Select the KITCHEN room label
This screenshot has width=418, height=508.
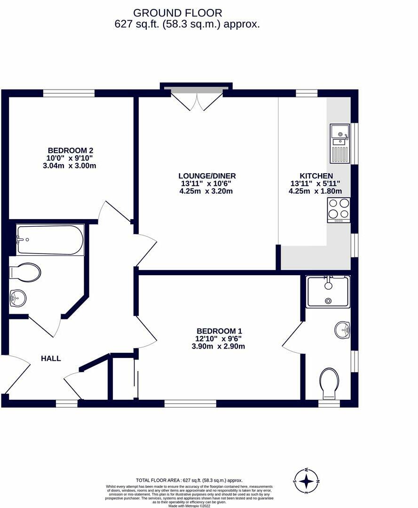click(x=315, y=175)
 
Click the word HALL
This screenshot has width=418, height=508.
click(x=51, y=358)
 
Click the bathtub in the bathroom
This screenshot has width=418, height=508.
click(x=50, y=240)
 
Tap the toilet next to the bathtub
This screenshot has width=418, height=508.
click(x=25, y=272)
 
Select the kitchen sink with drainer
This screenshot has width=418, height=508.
click(x=340, y=143)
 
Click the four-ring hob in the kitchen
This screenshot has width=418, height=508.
click(x=339, y=209)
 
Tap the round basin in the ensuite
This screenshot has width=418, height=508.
click(x=343, y=330)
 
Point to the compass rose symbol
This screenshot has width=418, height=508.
click(x=306, y=481)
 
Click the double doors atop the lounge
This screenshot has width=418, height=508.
click(x=197, y=100)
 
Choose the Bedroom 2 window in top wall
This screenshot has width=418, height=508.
click(x=69, y=93)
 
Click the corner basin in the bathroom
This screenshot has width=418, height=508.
click(x=19, y=297)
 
